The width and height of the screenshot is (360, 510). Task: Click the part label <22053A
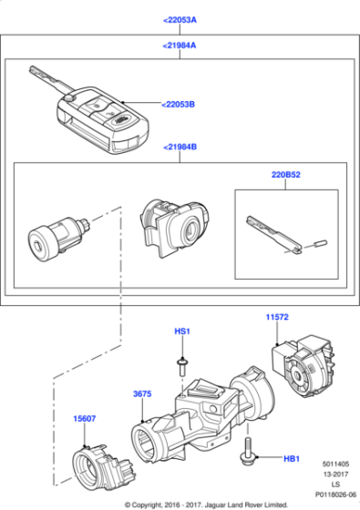coord(180,19)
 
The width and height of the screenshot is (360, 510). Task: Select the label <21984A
coord(180,45)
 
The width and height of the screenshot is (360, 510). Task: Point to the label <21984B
coord(180,146)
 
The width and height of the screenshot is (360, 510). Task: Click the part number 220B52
coord(285,173)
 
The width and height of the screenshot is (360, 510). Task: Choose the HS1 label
coord(181,332)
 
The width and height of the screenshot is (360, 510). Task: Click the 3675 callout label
coord(142,393)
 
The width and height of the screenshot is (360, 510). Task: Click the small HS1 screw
coord(181,366)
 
